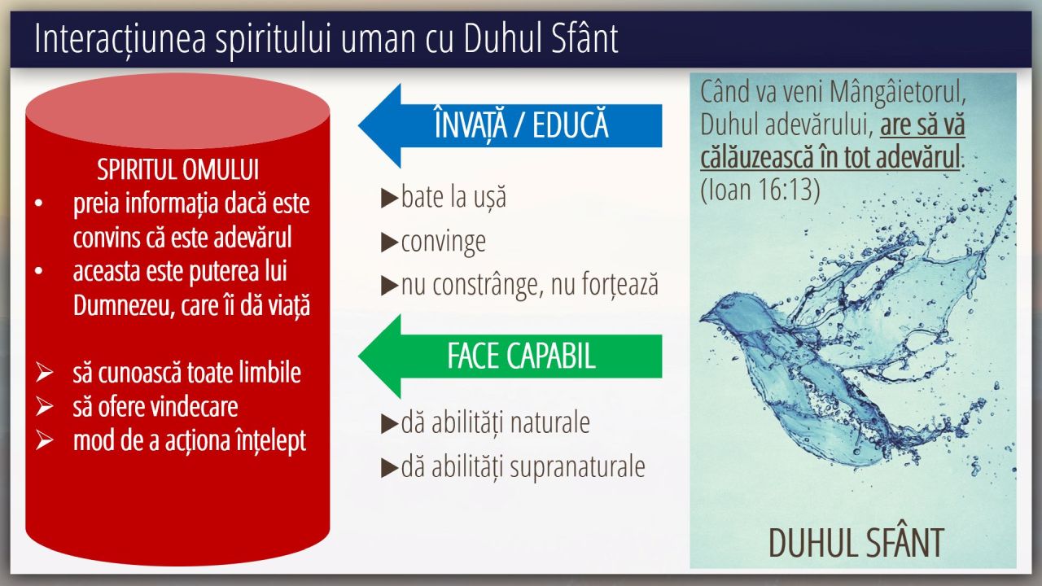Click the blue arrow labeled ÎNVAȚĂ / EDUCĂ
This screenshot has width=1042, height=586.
click(x=510, y=125)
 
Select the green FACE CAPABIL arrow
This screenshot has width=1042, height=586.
click(x=510, y=356)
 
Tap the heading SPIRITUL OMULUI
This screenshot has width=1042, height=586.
click(x=177, y=169)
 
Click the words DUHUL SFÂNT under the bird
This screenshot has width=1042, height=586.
click(x=856, y=543)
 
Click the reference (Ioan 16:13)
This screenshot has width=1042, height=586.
click(x=760, y=189)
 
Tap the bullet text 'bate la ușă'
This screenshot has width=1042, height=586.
click(x=453, y=197)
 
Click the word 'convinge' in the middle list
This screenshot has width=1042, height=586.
click(x=444, y=242)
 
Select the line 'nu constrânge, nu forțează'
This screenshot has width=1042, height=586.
click(x=530, y=285)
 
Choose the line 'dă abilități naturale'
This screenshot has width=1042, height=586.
click(x=496, y=422)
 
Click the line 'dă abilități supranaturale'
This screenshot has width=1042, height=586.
click(x=523, y=467)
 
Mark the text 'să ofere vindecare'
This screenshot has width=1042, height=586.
click(x=155, y=407)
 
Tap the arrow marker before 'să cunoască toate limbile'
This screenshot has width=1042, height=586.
click(x=44, y=373)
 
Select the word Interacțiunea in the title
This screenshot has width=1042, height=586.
click(x=120, y=39)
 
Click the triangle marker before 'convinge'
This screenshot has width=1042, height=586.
click(x=389, y=243)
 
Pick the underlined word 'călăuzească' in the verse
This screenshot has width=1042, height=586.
click(x=757, y=157)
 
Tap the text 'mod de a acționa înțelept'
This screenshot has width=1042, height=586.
click(x=190, y=441)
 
